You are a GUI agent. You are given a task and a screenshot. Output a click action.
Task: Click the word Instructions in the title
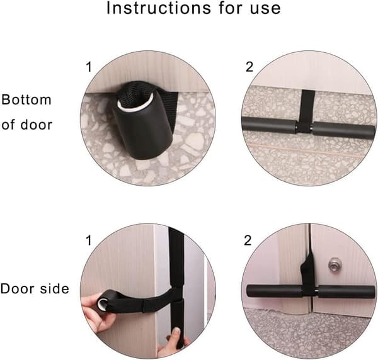pyautogui.click(x=159, y=8)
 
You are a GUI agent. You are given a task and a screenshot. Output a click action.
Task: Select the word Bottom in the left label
pyautogui.click(x=26, y=99)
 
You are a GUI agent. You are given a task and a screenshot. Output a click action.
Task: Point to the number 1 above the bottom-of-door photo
pyautogui.click(x=89, y=67)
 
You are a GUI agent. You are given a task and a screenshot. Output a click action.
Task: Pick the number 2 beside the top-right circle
pyautogui.click(x=249, y=67)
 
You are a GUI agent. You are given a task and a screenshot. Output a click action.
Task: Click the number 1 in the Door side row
pyautogui.click(x=89, y=240)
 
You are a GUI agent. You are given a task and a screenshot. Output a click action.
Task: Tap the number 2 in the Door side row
pyautogui.click(x=248, y=240)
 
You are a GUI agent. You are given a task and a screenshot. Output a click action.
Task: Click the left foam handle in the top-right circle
pyautogui.click(x=270, y=127)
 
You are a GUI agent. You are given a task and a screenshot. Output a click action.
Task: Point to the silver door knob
pyautogui.click(x=334, y=263)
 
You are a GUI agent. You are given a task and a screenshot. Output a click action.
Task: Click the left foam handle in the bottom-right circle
pyautogui.click(x=274, y=292)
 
